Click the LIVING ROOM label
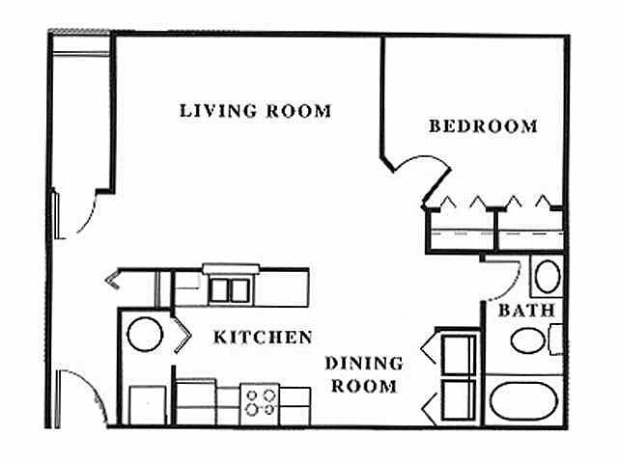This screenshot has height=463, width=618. (x=255, y=110)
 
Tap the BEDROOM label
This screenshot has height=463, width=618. (x=483, y=126)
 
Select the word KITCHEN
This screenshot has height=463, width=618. (x=263, y=337)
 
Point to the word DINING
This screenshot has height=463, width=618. (x=363, y=364)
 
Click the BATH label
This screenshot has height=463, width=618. (x=526, y=312)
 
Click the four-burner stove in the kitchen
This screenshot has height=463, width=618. (x=259, y=399)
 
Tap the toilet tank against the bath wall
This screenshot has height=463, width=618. (x=555, y=340)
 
